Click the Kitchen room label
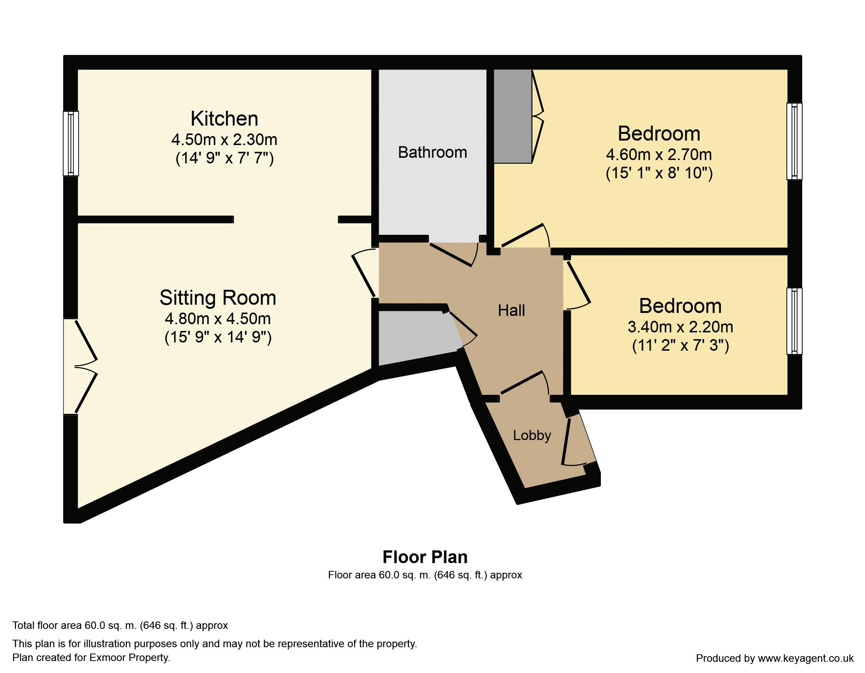pyautogui.click(x=224, y=119)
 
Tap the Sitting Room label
pyautogui.click(x=218, y=298)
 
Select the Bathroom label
pyautogui.click(x=432, y=153)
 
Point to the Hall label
pyautogui.click(x=511, y=311)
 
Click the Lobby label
pyautogui.click(x=532, y=436)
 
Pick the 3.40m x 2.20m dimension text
pyautogui.click(x=681, y=327)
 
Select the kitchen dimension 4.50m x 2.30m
pyautogui.click(x=224, y=140)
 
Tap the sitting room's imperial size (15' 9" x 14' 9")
pyautogui.click(x=218, y=337)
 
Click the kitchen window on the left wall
pyautogui.click(x=71, y=143)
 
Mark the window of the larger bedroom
pyautogui.click(x=794, y=141)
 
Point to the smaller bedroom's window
pyautogui.click(x=794, y=321)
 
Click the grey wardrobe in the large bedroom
pyautogui.click(x=513, y=116)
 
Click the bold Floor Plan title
pyautogui.click(x=425, y=557)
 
